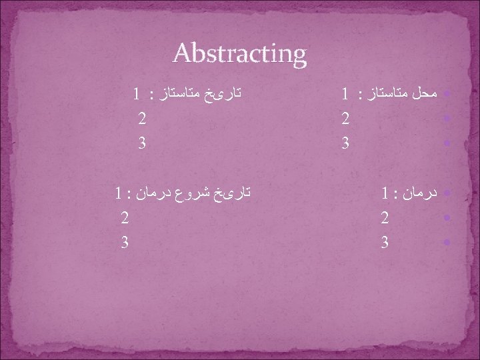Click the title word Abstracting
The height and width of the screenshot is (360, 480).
[x=239, y=53]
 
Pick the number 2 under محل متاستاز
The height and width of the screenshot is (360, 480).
[x=345, y=119]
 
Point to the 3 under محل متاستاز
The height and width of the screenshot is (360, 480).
[x=345, y=143]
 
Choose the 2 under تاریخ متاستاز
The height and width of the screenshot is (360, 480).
[x=141, y=119]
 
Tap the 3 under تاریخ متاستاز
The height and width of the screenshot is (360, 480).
[x=141, y=143]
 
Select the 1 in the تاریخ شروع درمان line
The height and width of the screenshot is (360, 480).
[x=117, y=195]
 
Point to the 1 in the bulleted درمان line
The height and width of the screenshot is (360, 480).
[x=386, y=195]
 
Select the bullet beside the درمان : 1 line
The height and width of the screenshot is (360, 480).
[x=447, y=194]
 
